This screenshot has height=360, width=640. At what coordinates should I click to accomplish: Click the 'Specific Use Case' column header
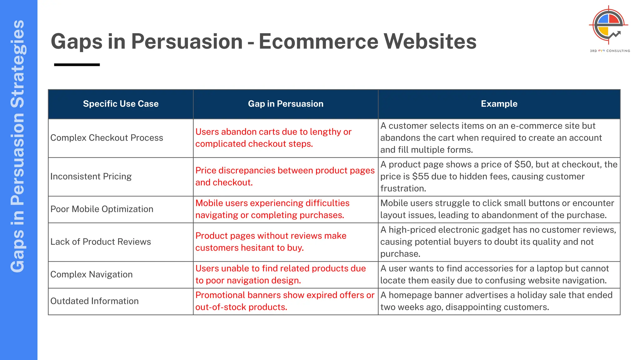coord(121,104)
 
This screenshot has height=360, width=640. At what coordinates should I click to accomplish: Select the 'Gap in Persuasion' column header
coord(286,104)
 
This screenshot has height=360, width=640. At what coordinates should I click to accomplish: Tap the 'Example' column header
coord(499,104)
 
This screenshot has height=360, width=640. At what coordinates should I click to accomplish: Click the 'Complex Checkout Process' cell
coord(107,138)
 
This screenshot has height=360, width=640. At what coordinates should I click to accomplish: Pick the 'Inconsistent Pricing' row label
coord(91,177)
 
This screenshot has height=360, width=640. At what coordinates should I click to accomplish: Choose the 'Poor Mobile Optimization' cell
coord(102,209)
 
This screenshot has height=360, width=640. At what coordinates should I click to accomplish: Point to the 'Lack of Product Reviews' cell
coord(101,242)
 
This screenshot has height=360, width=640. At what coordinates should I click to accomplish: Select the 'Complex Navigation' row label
coord(92,274)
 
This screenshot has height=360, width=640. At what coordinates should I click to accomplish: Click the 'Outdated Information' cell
coord(94,301)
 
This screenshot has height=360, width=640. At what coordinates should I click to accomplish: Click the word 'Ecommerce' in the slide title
coord(318,41)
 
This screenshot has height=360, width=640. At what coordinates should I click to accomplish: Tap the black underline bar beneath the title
coord(77,65)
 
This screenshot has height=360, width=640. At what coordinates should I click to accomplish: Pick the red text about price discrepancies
coord(285,177)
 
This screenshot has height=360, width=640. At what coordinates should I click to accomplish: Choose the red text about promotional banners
coord(285,301)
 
